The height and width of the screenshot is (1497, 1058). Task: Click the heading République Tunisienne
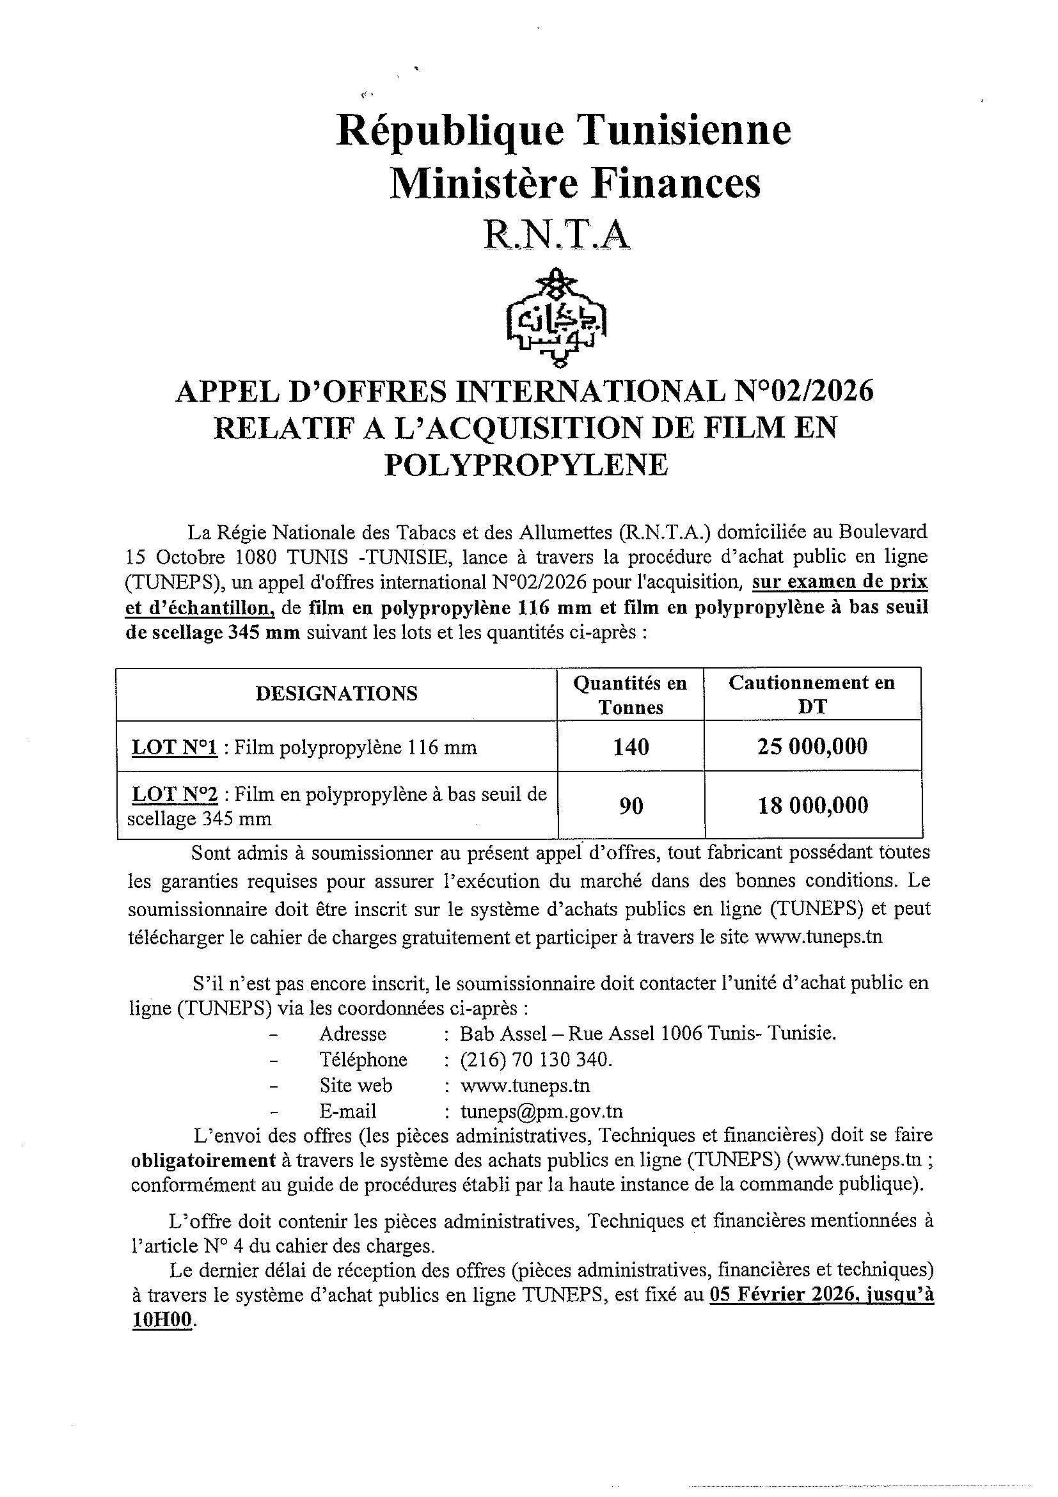click(x=564, y=130)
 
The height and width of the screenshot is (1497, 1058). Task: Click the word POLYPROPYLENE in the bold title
click(x=526, y=465)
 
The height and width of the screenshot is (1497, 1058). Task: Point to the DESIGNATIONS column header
click(x=336, y=693)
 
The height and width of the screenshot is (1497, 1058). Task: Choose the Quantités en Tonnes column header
click(x=630, y=695)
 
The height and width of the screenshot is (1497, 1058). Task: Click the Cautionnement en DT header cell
click(x=812, y=695)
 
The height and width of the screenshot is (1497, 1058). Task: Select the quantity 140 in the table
click(x=630, y=747)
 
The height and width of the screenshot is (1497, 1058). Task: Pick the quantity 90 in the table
click(x=631, y=806)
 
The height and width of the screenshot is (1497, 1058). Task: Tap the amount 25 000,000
click(x=812, y=747)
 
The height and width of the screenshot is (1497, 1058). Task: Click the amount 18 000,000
click(x=813, y=806)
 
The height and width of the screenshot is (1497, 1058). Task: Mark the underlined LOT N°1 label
click(x=174, y=747)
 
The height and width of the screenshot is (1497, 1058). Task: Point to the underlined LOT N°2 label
click(x=175, y=794)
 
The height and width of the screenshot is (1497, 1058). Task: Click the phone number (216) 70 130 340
click(x=536, y=1059)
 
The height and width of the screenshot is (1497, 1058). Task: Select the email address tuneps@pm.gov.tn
click(x=541, y=1111)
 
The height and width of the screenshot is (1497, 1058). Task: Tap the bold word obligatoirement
click(x=203, y=1160)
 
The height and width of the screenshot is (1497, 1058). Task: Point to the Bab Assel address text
click(x=647, y=1033)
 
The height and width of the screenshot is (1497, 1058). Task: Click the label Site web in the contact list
click(x=356, y=1086)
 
